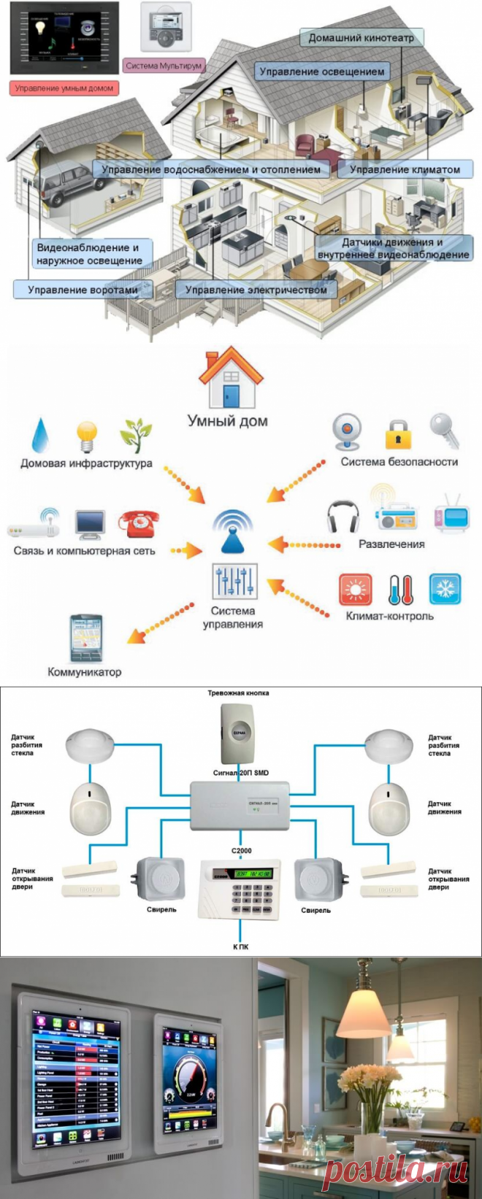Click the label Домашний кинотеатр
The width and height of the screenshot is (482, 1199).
pos(361,38)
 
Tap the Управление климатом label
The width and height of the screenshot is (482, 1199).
pos(404,169)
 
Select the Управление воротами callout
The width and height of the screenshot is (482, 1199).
pos(83,290)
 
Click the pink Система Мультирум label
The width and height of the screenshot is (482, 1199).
pos(164,66)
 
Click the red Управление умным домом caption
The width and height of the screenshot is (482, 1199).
pos(64,88)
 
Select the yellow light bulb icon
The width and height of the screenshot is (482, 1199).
pos(87,436)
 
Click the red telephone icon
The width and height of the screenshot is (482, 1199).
pos(139,524)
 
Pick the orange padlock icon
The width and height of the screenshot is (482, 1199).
pos(398,433)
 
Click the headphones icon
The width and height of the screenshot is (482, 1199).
pos(343,516)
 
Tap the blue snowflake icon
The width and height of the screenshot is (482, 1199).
pos(444,589)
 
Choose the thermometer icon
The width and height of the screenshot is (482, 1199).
pos(400,589)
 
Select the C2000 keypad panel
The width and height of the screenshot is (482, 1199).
pos(240,888)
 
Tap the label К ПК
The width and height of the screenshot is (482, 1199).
pos(240,947)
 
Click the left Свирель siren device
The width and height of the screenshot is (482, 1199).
pos(161,879)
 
